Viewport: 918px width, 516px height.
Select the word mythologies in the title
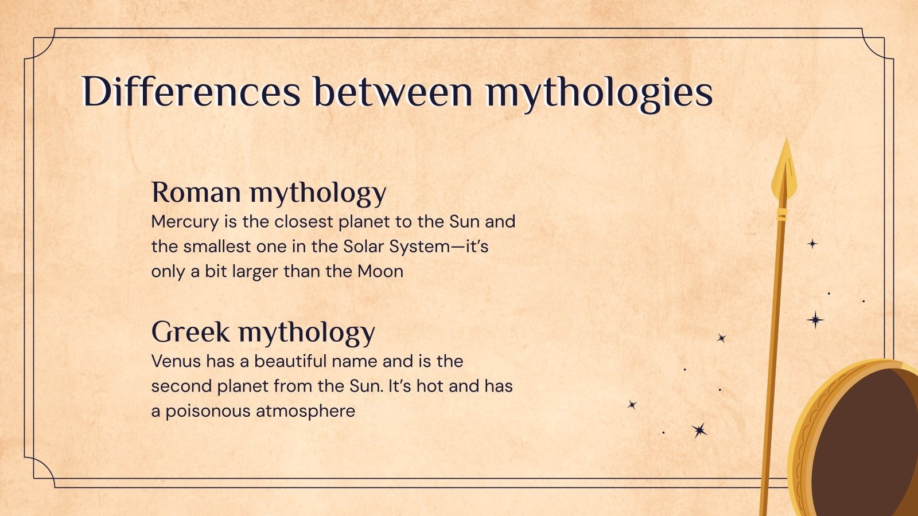[x=599, y=94]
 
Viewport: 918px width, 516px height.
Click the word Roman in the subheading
[x=196, y=192]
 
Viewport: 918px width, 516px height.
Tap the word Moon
[x=380, y=272]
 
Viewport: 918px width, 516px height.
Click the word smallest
[x=216, y=247]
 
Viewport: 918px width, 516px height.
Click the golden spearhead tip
[x=787, y=139]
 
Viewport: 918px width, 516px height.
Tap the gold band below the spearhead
[x=781, y=214]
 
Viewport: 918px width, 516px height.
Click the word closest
[x=304, y=222]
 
